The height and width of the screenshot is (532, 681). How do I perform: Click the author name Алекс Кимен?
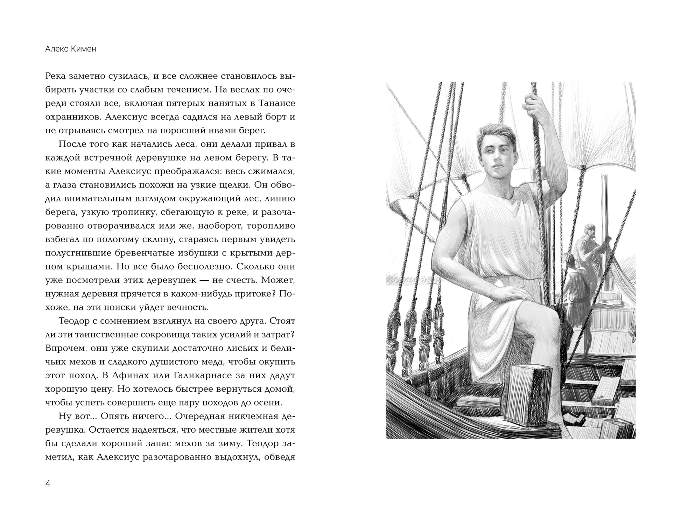coord(71,49)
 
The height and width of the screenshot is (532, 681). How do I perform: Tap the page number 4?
coord(48,484)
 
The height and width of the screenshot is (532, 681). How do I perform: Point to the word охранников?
coord(73,117)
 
